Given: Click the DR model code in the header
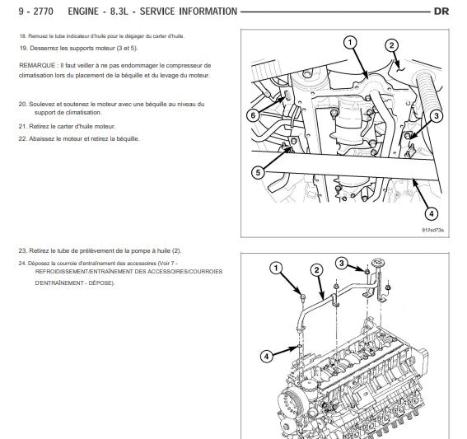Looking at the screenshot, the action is point(441,12).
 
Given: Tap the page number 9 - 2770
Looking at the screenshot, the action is point(36,12).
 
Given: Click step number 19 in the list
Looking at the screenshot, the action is point(23,49).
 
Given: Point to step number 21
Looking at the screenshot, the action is point(22,127).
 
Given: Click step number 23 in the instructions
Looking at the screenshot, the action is point(22,250).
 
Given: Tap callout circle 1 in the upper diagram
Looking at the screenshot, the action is point(350,42).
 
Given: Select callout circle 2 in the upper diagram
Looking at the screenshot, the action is point(392,45).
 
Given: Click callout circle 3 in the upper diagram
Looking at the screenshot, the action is point(437,116).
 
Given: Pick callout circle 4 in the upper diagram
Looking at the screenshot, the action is point(432,213).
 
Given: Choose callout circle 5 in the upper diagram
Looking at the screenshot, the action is point(258,173).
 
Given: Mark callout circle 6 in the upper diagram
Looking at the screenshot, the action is point(253,115).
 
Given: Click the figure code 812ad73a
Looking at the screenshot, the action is point(432,230).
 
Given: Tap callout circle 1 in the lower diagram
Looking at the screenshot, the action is point(276,268).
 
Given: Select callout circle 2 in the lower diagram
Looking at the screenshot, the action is point(316,270).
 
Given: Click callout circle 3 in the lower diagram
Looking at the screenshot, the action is point(342,264).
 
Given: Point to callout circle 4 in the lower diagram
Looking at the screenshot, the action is point(267,356).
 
